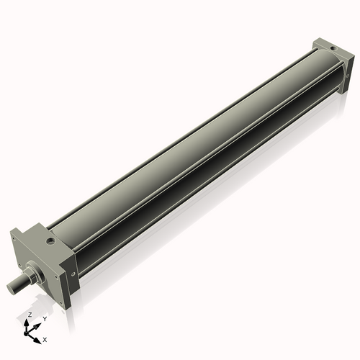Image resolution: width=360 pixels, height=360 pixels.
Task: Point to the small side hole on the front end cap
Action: pyautogui.click(x=72, y=273)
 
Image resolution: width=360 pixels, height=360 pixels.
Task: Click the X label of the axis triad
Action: pyautogui.click(x=45, y=338)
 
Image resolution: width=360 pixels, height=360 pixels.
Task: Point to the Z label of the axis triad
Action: pyautogui.click(x=29, y=315)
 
